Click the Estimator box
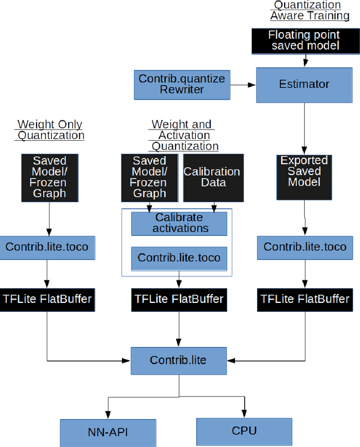pyautogui.click(x=304, y=85)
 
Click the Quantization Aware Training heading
pyautogui.click(x=307, y=10)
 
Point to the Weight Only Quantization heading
pyautogui.click(x=51, y=130)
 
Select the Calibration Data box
pyautogui.click(x=212, y=177)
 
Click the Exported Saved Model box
pyautogui.click(x=304, y=176)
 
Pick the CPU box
pyautogui.click(x=244, y=431)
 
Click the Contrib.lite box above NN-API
pyautogui.click(x=178, y=360)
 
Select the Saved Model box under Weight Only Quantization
pyautogui.click(x=48, y=177)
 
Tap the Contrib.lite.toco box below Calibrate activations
pyautogui.click(x=179, y=258)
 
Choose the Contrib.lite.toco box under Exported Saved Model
pyautogui.click(x=305, y=247)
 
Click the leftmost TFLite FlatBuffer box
pyautogui.click(x=47, y=298)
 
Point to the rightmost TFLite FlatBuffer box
pyautogui.click(x=305, y=298)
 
